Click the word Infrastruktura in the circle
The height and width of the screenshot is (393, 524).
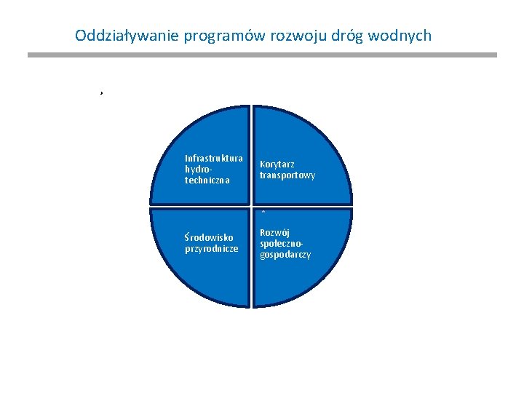coord(214,158)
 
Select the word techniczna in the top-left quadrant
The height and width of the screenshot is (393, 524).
coord(207,180)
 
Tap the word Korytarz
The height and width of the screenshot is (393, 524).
coord(277,164)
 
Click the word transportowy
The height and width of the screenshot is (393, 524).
coord(287,175)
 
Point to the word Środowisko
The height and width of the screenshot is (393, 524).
coord(209,237)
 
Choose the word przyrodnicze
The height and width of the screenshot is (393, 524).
coord(212,248)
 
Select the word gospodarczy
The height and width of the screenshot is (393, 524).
coord(285,255)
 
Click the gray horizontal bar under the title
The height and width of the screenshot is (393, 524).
coord(262,55)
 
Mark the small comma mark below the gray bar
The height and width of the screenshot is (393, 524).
coord(102,94)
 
